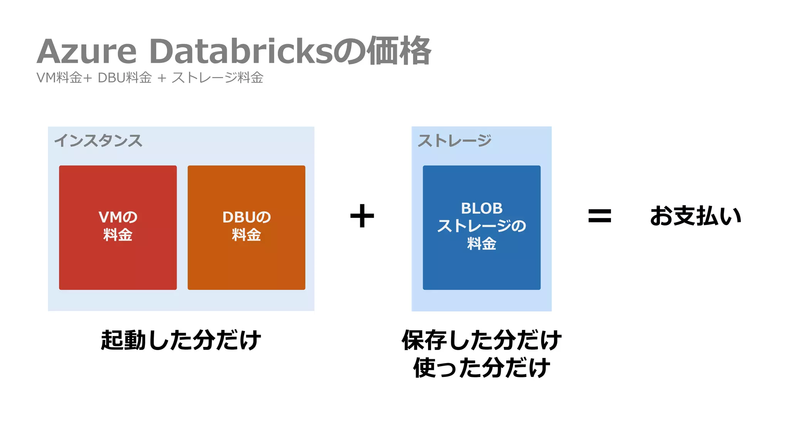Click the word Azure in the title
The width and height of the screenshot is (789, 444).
pos(87,52)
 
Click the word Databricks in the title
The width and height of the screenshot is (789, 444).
pos(240,52)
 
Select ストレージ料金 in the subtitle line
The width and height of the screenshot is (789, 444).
pos(218,78)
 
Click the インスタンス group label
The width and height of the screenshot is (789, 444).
pos(98,141)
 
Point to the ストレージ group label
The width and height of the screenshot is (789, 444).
pos(455,141)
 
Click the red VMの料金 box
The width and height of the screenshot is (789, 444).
pos(118,262)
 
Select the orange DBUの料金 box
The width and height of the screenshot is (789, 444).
pos(247,262)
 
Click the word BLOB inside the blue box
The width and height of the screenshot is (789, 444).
pos(482,209)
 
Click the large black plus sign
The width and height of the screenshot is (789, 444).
pos(362,216)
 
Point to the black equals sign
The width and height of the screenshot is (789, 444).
pos(599,216)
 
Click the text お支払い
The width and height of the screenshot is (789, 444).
pos(695,216)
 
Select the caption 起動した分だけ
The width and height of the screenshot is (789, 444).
pos(181,340)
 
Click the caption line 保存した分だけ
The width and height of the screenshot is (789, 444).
pos(482,340)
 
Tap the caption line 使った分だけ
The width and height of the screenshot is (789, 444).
pos(482,368)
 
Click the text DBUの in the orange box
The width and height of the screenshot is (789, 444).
pos(247,217)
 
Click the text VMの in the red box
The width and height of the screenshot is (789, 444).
pos(118,217)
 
